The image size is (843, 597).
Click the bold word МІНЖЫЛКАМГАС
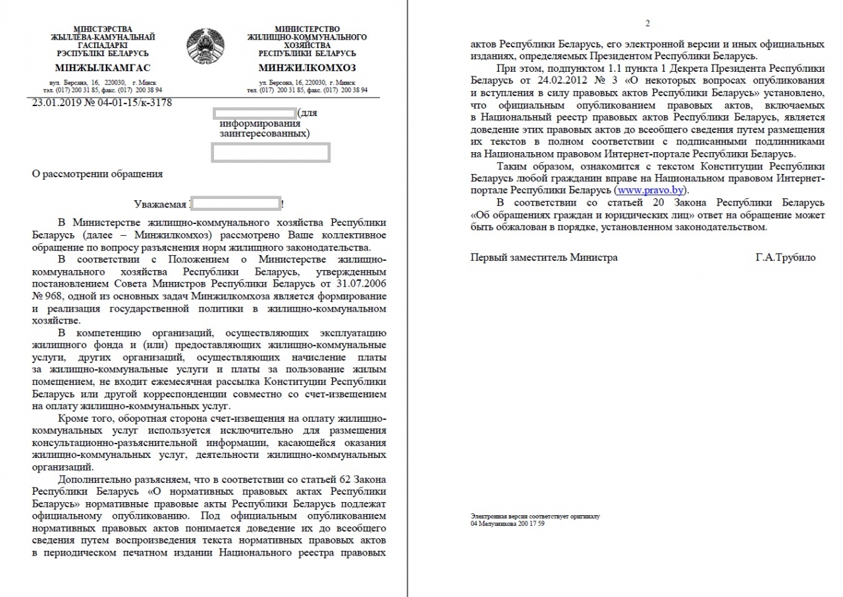coord(103,68)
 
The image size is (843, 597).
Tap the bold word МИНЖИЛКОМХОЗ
coord(307,68)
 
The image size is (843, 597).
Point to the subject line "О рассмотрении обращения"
coord(97,174)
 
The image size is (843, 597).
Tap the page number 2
coord(647,24)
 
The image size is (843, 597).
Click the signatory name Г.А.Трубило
coord(785,258)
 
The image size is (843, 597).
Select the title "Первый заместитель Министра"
coord(544,258)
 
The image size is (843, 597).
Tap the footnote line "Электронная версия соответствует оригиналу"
coord(535,517)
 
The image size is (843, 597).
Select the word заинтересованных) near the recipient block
coord(263,133)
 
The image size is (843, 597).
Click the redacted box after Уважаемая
coord(235,203)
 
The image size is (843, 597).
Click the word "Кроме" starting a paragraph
coord(73,418)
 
